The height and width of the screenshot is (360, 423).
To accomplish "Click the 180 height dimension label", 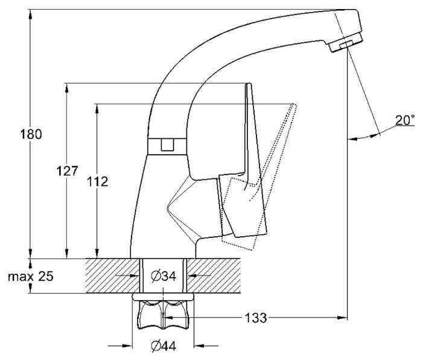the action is pyautogui.click(x=31, y=134).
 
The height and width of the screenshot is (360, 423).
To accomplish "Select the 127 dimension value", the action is pyautogui.click(x=67, y=171).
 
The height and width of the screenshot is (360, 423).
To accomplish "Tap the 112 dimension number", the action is pyautogui.click(x=97, y=182).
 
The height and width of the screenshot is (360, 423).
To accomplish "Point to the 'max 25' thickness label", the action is pyautogui.click(x=31, y=276).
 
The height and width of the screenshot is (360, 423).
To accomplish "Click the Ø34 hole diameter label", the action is pyautogui.click(x=164, y=276).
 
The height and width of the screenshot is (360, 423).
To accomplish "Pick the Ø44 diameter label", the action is pyautogui.click(x=164, y=346).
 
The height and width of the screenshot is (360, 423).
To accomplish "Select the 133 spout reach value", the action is pyautogui.click(x=255, y=318).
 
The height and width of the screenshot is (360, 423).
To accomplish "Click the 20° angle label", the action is pyautogui.click(x=405, y=120).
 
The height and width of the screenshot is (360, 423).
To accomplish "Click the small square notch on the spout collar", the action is pyautogui.click(x=167, y=144).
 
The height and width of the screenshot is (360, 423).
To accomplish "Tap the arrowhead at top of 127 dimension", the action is pyautogui.click(x=67, y=88).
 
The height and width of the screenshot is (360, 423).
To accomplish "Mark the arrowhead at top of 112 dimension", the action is pyautogui.click(x=97, y=109).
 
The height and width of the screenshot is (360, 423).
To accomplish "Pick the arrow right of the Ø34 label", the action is pyautogui.click(x=199, y=276).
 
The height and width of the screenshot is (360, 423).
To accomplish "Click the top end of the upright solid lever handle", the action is pyautogui.click(x=249, y=84).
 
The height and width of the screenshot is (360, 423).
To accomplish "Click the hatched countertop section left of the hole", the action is pyautogui.click(x=112, y=276).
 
